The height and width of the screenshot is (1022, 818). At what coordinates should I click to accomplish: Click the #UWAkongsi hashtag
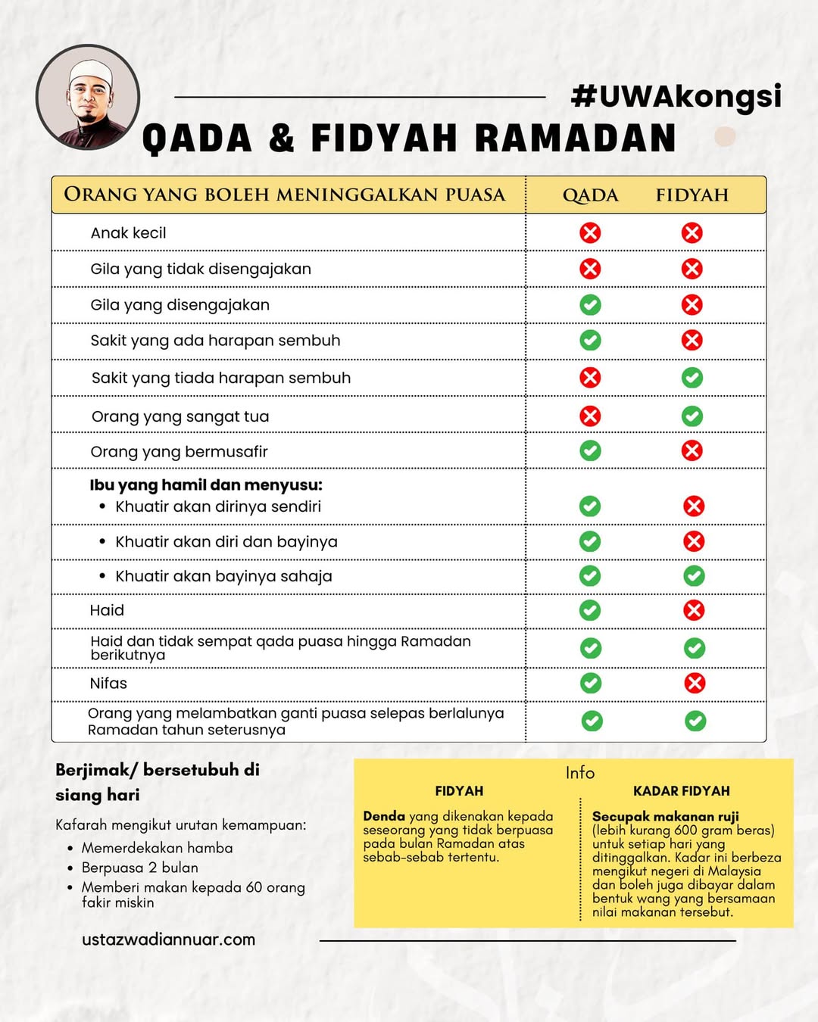[x=676, y=96]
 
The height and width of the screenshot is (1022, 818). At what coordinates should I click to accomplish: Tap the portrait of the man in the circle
[x=88, y=98]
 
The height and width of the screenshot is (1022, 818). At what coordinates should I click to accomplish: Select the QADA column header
[x=590, y=195]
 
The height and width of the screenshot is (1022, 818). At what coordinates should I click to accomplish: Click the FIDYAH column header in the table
[x=692, y=195]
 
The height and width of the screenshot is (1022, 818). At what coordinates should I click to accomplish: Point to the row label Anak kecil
[x=128, y=233]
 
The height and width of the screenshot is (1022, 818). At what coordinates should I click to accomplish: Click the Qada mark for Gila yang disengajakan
[x=590, y=305]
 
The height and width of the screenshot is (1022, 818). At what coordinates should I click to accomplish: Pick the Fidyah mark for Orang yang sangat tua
[x=692, y=416]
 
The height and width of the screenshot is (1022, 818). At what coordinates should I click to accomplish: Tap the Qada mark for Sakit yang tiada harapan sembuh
[x=590, y=378]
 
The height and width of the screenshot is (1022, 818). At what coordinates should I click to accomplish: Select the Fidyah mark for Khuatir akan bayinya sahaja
[x=694, y=576]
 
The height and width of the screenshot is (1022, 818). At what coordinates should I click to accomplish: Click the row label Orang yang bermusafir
[x=179, y=452]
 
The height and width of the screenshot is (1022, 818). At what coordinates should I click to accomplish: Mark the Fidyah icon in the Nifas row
[x=695, y=683]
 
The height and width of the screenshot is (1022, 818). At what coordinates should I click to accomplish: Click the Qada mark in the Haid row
[x=590, y=610]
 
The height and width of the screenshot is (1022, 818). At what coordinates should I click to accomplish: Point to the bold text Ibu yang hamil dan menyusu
[x=206, y=485]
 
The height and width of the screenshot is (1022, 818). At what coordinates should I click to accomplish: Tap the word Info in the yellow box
[x=580, y=773]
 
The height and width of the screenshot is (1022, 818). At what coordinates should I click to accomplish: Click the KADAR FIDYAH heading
[x=681, y=791]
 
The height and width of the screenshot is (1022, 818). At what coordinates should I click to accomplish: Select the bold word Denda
[x=384, y=816]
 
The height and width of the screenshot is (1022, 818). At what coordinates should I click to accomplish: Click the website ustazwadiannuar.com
[x=168, y=939]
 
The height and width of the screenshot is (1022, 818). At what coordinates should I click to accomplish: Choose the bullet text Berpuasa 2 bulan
[x=139, y=868]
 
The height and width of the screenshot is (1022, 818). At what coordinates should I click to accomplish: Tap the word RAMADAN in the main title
[x=575, y=139]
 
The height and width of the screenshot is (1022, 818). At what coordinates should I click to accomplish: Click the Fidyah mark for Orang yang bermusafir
[x=692, y=451]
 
